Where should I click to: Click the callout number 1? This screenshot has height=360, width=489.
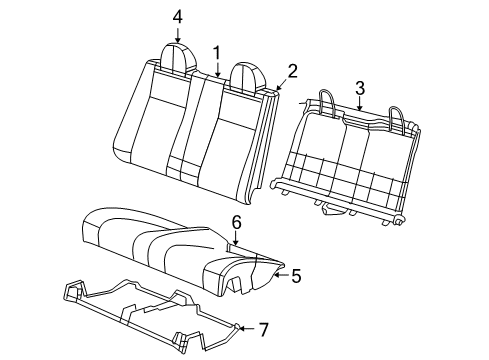click(215, 51)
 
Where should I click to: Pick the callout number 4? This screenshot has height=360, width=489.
click(177, 16)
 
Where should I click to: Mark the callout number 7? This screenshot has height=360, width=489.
click(263, 329)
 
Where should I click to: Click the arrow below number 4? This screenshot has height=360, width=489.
click(177, 35)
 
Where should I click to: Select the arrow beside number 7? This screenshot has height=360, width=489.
click(244, 327)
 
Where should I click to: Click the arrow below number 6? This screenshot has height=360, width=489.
click(236, 241)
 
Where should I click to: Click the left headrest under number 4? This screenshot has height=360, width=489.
click(178, 58)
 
